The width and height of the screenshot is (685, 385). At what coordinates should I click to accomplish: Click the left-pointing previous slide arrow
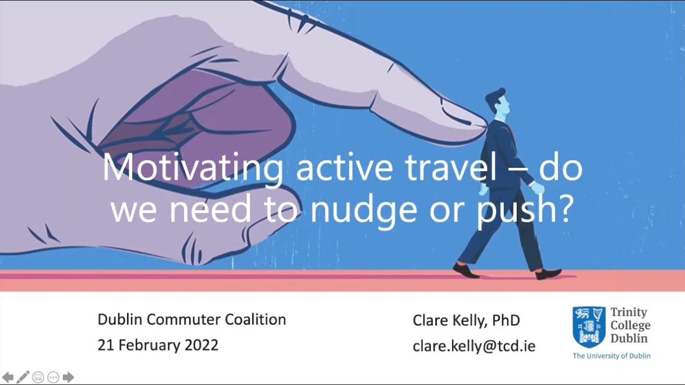pos(8,377)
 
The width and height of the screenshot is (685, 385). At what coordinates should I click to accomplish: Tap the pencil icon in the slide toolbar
pos(23,377)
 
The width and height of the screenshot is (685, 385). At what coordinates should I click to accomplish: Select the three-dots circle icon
pos(53,377)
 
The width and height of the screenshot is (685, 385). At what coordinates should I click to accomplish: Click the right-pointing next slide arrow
pos(68,377)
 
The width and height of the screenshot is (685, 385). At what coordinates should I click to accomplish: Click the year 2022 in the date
pos(201,345)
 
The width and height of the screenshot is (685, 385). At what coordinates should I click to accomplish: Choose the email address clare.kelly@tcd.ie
pos(474,346)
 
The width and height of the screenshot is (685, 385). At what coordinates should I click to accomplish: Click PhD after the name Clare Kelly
pos(506,320)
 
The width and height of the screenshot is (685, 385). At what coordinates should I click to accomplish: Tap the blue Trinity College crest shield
pos(589,327)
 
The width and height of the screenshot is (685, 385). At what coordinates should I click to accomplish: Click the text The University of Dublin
pos(611,356)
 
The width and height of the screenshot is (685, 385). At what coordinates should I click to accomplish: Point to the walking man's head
pos(496,104)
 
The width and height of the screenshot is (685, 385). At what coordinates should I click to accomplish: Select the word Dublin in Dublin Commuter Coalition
pos(119,320)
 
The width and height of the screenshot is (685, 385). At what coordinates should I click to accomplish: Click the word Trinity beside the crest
pos(628,312)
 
